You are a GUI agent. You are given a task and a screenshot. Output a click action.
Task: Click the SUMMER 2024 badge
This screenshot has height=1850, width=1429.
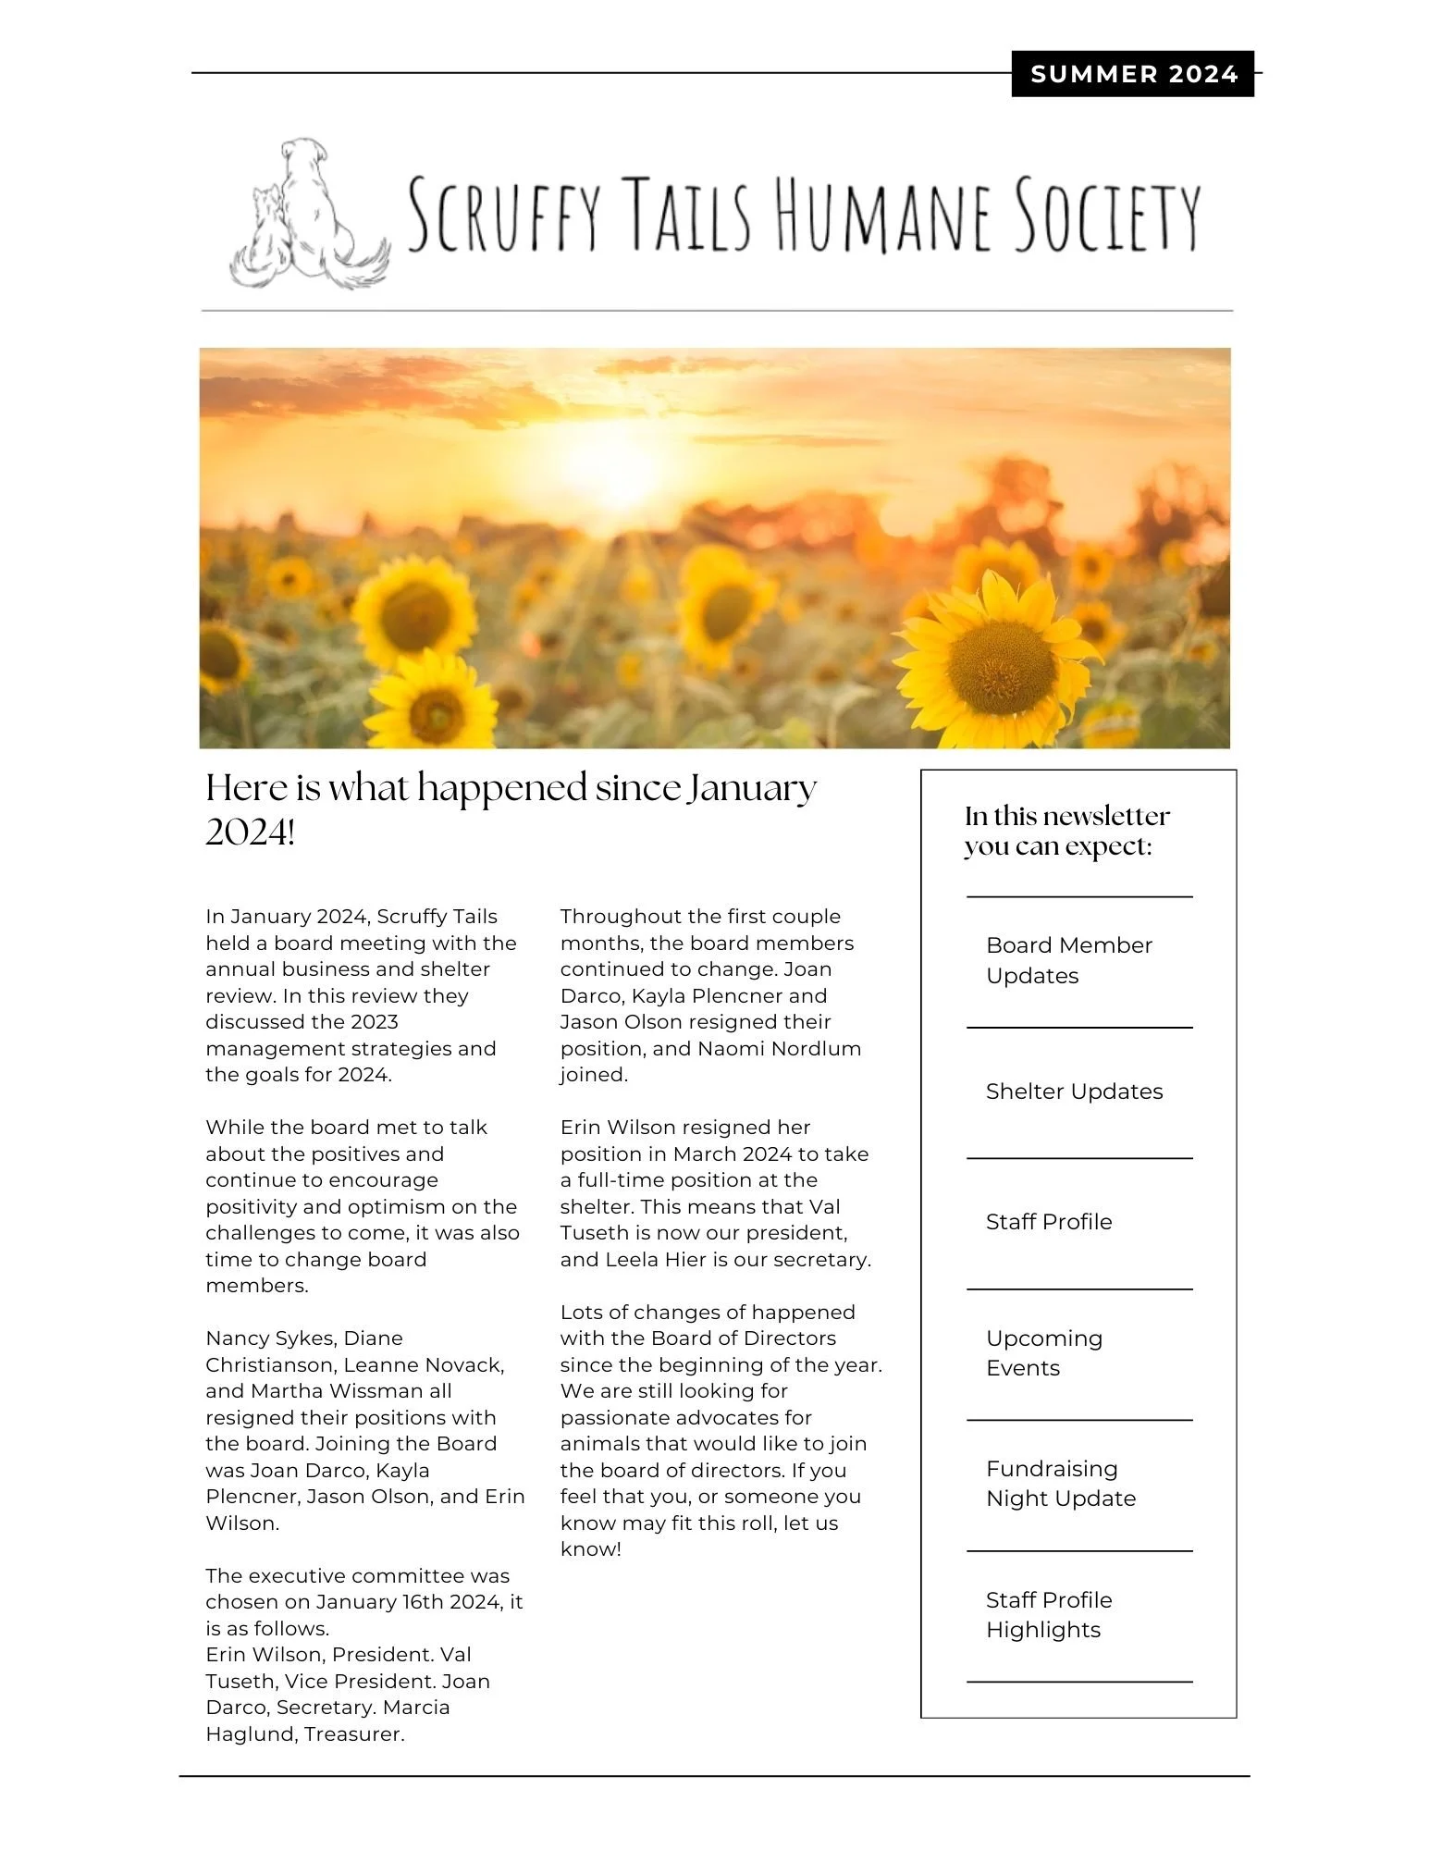1132,74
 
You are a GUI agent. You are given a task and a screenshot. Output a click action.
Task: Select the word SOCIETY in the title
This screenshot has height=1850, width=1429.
1106,216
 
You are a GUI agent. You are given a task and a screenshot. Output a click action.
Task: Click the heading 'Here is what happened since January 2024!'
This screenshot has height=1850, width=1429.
510,808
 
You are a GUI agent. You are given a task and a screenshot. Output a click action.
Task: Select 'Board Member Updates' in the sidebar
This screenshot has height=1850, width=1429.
1068,960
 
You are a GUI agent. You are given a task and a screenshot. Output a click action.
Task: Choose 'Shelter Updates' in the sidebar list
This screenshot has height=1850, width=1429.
1074,1091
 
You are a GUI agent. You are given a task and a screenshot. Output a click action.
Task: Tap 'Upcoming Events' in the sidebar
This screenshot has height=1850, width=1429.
1043,1352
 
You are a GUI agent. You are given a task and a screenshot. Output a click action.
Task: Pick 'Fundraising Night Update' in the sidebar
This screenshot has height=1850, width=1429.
1060,1484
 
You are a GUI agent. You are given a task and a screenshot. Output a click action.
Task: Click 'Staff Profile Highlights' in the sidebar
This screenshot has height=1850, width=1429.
1048,1614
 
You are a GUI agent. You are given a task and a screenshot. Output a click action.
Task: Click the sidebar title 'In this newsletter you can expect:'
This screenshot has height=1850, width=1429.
1066,831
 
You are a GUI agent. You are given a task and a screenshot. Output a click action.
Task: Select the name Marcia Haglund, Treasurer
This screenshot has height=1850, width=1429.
328,1720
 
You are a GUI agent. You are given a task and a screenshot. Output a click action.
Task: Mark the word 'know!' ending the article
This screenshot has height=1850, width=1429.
590,1549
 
